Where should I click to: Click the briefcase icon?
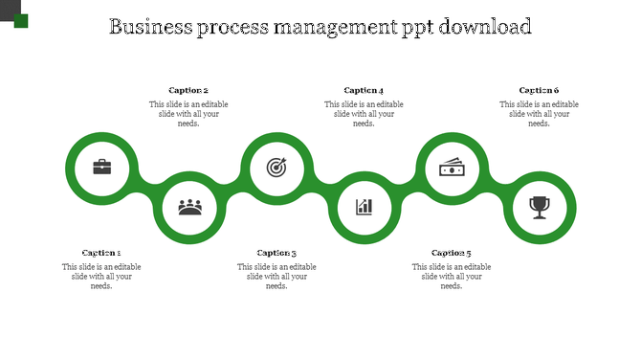(101, 168)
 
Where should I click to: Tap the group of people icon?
(189, 206)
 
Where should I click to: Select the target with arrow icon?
(276, 168)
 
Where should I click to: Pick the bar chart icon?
(365, 206)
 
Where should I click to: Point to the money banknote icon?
(452, 168)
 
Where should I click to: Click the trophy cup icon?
(540, 206)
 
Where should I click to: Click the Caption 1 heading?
(101, 253)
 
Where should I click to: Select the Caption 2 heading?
(188, 91)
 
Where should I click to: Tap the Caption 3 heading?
(276, 253)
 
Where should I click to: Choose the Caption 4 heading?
(364, 91)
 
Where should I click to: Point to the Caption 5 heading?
(452, 253)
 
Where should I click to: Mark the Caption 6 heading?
(539, 91)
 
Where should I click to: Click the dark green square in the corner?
(21, 21)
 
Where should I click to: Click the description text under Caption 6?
(539, 114)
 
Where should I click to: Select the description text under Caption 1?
(101, 276)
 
